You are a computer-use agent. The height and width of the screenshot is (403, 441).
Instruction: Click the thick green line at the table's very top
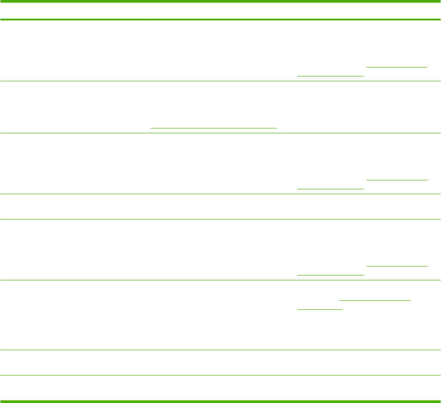pos(220,1)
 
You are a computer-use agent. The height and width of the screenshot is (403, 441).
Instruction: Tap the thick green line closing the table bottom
pos(220,402)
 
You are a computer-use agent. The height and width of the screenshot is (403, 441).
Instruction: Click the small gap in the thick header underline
pos(147,20)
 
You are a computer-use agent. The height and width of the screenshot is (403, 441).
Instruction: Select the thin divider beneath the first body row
pos(220,81)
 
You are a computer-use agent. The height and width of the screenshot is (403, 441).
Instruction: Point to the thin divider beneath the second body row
pos(220,133)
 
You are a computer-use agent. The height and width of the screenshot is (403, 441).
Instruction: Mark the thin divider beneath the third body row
pos(220,194)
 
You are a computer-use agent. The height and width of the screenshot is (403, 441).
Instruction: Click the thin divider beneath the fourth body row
pos(220,219)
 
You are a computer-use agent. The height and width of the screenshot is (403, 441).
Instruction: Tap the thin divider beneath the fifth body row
pos(220,280)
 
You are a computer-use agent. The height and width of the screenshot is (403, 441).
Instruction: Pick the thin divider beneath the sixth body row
pos(220,350)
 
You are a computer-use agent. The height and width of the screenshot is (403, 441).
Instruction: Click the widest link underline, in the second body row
pos(214,128)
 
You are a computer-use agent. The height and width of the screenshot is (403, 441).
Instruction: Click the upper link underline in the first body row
pos(397,67)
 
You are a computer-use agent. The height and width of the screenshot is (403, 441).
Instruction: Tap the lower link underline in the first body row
pos(330,76)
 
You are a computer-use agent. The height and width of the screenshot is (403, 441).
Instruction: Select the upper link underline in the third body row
pos(397,180)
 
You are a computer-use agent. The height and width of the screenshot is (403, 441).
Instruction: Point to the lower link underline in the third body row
pos(330,189)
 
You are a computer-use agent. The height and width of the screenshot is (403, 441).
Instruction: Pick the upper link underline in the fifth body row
pos(397,266)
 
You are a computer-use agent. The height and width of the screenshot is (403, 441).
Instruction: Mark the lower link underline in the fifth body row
pos(330,275)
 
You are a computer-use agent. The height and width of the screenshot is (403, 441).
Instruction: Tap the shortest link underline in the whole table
pos(319,309)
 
